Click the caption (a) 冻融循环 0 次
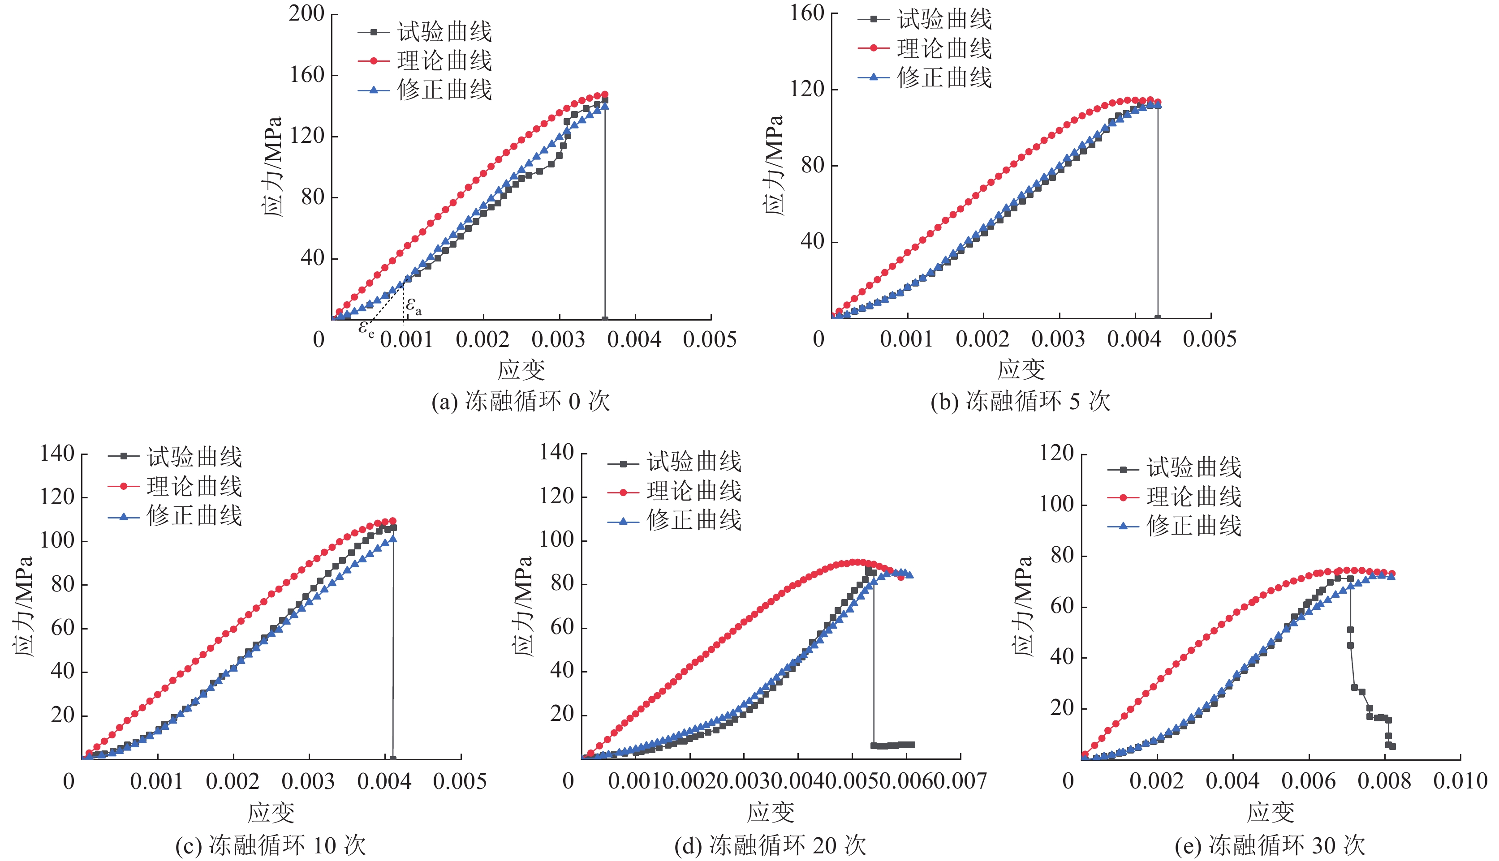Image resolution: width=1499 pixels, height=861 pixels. coord(521,402)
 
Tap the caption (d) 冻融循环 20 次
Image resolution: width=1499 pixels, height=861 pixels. coord(770,846)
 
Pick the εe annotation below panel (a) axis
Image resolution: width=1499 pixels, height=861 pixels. coord(366,328)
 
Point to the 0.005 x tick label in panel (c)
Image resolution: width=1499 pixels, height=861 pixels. coord(460,782)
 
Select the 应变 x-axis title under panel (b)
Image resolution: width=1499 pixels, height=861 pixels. coord(1021,370)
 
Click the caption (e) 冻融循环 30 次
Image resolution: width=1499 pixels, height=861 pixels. coord(1270,846)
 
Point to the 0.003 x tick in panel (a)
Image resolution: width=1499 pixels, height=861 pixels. coord(558,340)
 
